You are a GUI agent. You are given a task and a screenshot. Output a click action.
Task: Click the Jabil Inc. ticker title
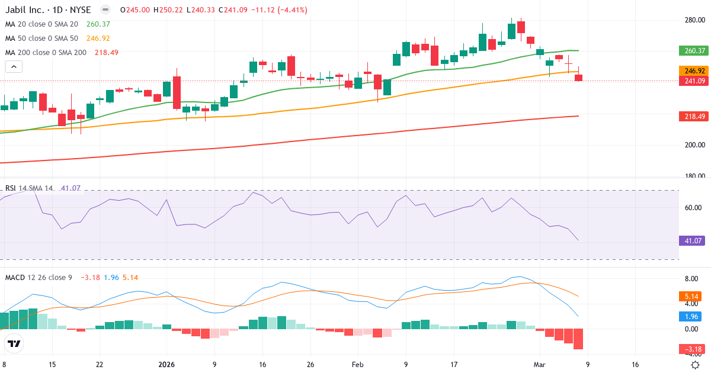coord(47,10)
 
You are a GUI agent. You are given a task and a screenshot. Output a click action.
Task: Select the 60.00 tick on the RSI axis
coord(693,208)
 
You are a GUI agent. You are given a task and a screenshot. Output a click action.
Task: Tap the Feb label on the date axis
coord(357,365)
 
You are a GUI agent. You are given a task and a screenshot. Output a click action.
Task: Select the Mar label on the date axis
coord(539,365)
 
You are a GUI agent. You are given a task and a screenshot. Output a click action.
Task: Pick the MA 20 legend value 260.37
coord(98,24)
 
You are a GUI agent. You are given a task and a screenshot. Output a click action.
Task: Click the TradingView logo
coord(14,343)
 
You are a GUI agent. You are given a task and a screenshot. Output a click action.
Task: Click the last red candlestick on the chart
coord(579,78)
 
